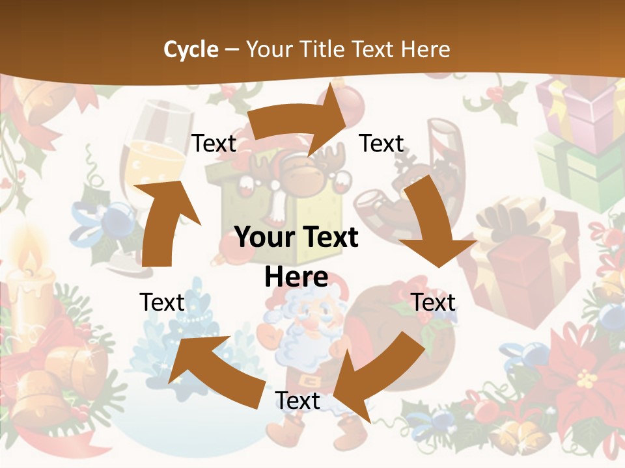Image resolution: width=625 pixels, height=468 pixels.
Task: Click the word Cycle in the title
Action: pos(190,49)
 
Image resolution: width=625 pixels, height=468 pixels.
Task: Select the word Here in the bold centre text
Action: pos(296,277)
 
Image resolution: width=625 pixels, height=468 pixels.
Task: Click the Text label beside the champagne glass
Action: pos(214,144)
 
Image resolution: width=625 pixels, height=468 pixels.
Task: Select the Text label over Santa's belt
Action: pos(298,400)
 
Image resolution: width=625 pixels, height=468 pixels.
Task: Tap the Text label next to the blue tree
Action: pos(162,302)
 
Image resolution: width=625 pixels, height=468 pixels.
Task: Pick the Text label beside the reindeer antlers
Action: pos(382,143)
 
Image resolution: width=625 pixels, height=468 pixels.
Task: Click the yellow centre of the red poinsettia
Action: pos(586,377)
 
